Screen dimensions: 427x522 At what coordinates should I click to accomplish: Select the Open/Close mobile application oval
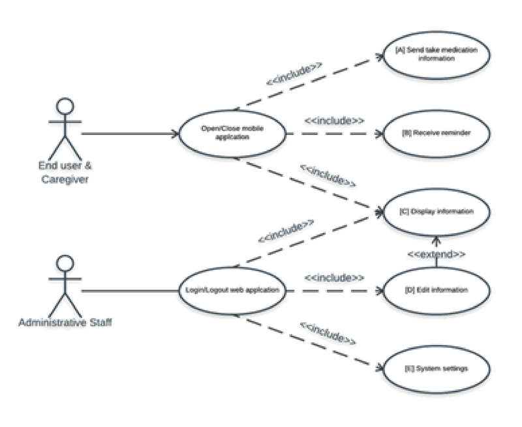point(233,134)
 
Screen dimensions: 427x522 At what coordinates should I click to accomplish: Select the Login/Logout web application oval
point(233,290)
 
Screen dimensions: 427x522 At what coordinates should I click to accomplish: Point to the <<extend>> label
point(436,254)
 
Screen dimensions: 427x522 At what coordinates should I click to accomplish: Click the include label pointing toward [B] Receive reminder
point(334,121)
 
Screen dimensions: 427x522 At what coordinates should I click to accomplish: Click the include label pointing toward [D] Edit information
point(334,277)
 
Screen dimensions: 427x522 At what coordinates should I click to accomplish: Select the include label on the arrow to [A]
point(294,74)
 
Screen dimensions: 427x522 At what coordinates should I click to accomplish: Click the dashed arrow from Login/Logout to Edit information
point(333,290)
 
